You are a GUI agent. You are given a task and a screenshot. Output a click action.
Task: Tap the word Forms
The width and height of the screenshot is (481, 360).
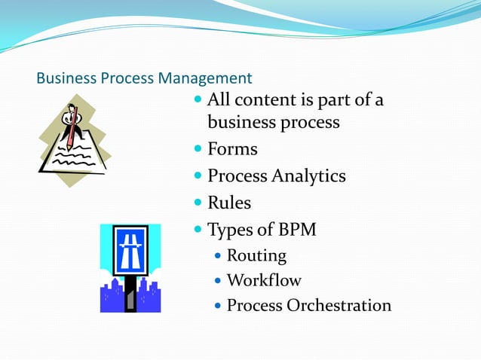coord(232,149)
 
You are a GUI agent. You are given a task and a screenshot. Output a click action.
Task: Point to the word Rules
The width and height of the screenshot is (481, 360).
coord(229,203)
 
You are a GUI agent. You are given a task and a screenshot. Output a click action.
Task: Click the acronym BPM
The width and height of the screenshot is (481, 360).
coord(295,229)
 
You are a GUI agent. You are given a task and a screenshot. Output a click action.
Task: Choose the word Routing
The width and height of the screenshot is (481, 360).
coord(256,255)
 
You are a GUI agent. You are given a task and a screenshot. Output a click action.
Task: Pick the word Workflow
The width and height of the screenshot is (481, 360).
coord(264,280)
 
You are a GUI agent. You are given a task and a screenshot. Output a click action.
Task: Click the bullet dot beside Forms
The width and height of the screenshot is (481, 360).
coord(199,149)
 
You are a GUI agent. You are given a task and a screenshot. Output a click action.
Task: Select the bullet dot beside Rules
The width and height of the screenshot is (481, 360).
coord(199,203)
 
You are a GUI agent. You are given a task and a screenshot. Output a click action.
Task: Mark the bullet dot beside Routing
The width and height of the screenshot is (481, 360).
coord(218,256)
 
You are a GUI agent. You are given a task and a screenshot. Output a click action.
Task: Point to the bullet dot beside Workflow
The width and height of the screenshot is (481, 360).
coord(218,281)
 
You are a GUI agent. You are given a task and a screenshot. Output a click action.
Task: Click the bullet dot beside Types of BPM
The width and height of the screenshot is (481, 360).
coord(199,229)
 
